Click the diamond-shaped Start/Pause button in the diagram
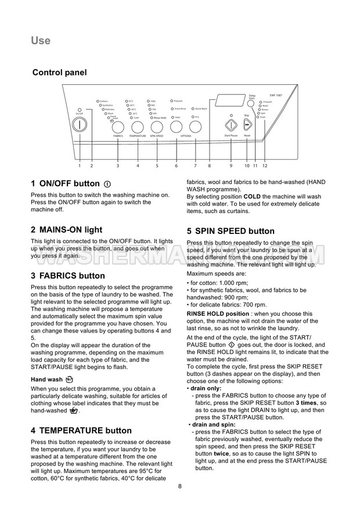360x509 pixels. [x=231, y=125]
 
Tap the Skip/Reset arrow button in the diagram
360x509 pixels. [x=247, y=124]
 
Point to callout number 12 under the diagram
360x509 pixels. [x=265, y=166]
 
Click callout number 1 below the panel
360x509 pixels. [x=80, y=166]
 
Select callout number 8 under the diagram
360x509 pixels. [x=210, y=166]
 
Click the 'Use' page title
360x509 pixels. [x=41, y=41]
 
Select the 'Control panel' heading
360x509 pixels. [x=59, y=73]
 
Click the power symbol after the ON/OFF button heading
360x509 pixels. [x=107, y=183]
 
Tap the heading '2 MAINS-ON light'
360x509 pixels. [x=66, y=229]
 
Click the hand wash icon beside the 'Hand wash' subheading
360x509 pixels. [x=70, y=379]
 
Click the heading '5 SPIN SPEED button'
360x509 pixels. [x=231, y=231]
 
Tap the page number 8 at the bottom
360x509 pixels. [x=180, y=486]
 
